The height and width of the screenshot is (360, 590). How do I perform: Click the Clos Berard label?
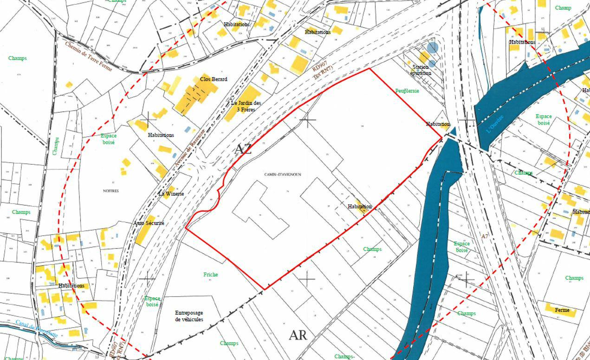214,79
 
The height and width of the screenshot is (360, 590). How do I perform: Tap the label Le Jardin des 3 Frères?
246,106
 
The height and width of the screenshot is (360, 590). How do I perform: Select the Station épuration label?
421,70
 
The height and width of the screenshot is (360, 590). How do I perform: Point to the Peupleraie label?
407,91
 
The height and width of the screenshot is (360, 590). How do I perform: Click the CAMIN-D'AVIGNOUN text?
283,175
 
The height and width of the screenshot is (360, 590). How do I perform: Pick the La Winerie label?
171,194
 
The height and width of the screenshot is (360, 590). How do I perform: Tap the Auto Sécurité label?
149,223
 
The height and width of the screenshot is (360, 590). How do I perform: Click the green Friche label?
210,275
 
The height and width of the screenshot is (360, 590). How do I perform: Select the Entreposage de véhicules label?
189,316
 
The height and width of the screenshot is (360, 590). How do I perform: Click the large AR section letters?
298,335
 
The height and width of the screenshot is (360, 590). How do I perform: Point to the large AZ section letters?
243,149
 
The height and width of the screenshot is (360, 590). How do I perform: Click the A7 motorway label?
485,236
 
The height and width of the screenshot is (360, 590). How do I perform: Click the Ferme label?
562,310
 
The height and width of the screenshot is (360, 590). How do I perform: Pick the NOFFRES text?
111,191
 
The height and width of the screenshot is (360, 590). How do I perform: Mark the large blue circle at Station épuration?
432,47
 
